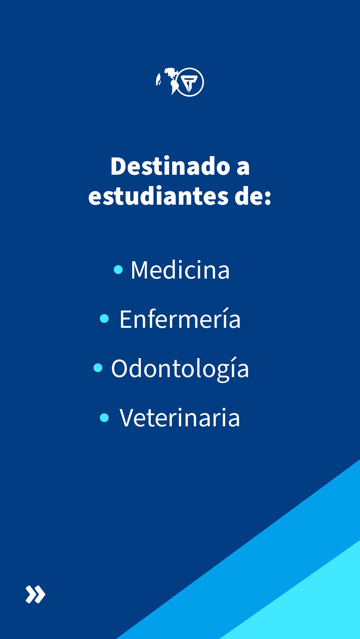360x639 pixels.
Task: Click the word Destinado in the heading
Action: pyautogui.click(x=170, y=166)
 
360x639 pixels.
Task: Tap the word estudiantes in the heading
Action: pyautogui.click(x=158, y=196)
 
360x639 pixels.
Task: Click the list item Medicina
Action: pyautogui.click(x=180, y=270)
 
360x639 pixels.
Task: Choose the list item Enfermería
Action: pyautogui.click(x=180, y=319)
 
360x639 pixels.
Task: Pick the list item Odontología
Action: pyautogui.click(x=180, y=369)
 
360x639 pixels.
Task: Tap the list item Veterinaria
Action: pyautogui.click(x=180, y=418)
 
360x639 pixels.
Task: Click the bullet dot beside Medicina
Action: pyautogui.click(x=118, y=269)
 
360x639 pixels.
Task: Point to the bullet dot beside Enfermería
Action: pyautogui.click(x=104, y=319)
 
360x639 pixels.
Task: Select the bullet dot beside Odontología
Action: pyautogui.click(x=98, y=368)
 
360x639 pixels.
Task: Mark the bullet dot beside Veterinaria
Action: pyautogui.click(x=104, y=417)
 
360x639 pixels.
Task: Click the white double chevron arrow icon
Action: pyautogui.click(x=35, y=594)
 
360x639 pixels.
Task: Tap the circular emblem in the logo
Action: pyautogui.click(x=189, y=82)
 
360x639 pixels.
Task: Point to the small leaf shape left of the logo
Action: pyautogui.click(x=159, y=80)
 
